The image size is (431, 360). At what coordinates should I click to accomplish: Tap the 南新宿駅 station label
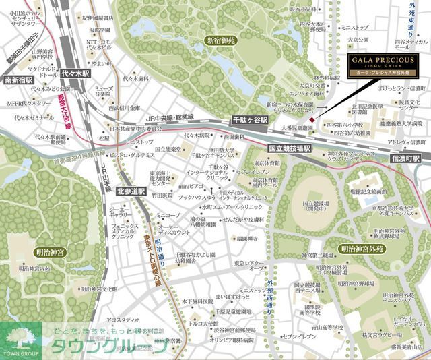point(19,80)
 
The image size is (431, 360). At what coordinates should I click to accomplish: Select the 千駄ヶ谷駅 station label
point(250,119)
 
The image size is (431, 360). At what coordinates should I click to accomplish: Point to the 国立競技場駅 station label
point(290,148)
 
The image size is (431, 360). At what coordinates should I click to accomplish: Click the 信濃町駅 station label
point(406,159)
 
